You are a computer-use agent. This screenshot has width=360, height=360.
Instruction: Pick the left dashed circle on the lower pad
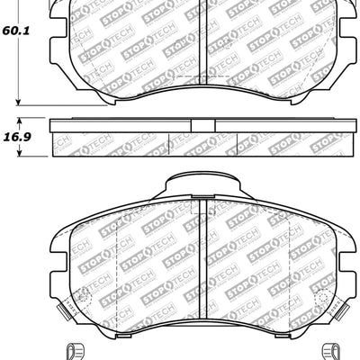[84, 297]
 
